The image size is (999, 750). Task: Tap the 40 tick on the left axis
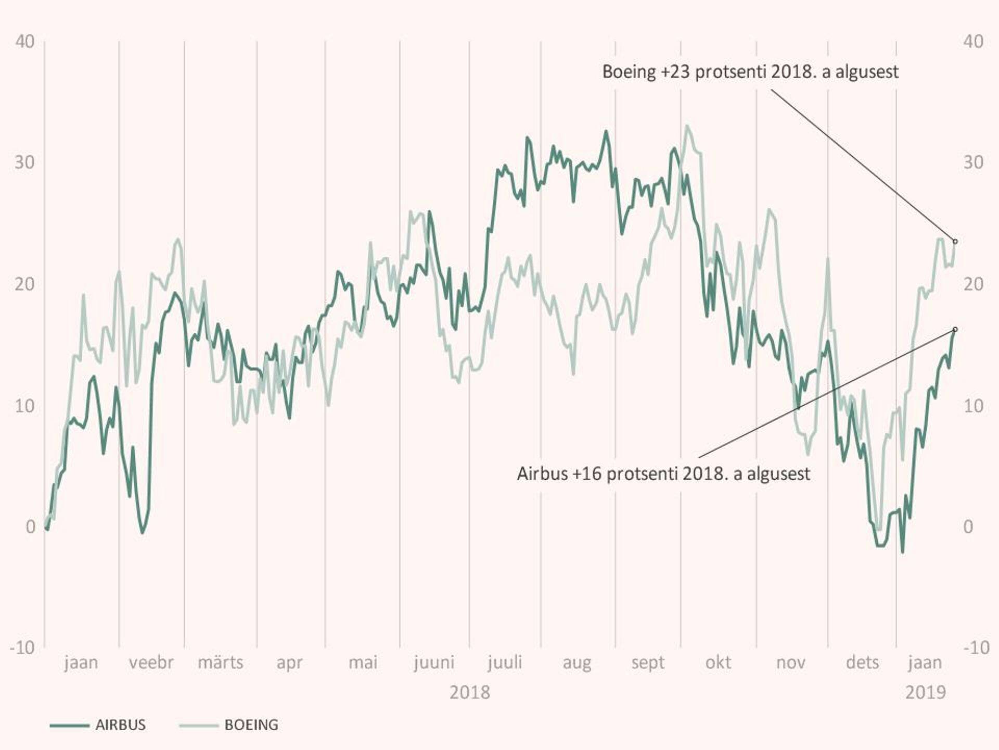point(25,41)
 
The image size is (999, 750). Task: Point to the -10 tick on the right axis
point(976,647)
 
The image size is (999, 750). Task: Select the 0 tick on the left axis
point(30,527)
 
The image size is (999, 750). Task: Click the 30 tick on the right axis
point(973,162)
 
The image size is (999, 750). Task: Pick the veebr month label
point(151,662)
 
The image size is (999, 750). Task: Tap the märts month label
point(221,662)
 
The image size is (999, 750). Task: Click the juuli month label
point(505,662)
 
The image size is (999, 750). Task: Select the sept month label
point(648,662)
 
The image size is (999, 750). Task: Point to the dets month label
point(862,662)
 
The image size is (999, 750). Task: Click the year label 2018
point(470,693)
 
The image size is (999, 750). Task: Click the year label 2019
point(926,693)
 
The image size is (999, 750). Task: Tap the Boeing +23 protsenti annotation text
point(750,72)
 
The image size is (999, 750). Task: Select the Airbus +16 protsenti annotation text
point(663,474)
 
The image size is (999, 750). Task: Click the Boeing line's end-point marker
point(955,242)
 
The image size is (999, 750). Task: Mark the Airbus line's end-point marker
point(955,330)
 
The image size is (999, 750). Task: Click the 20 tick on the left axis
point(25,284)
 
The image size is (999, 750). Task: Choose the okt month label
point(718,662)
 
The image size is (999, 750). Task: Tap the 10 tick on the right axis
point(973,406)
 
